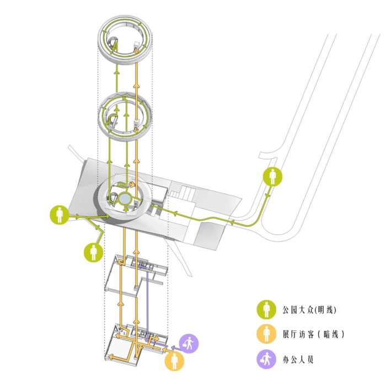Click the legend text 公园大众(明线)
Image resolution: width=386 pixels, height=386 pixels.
(x=309, y=310)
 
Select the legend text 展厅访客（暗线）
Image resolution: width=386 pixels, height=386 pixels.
(x=313, y=334)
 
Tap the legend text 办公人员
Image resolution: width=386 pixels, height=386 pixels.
(x=298, y=360)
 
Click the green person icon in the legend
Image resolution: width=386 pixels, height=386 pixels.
(x=266, y=310)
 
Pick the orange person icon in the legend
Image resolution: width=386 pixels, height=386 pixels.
(x=266, y=334)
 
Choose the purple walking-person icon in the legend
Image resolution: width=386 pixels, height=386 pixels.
(x=266, y=359)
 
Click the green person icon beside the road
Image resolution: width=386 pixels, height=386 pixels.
(x=272, y=176)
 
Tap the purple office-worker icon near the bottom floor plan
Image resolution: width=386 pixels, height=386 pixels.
(x=189, y=344)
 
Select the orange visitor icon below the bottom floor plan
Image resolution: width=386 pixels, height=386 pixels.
(x=174, y=361)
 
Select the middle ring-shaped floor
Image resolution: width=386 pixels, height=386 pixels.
(x=125, y=117)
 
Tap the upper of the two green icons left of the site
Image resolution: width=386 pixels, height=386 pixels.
(x=60, y=215)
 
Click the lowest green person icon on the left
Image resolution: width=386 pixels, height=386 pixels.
(x=93, y=253)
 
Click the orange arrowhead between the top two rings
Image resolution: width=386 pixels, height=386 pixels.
(x=136, y=85)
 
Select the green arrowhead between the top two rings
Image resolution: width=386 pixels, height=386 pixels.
(x=117, y=72)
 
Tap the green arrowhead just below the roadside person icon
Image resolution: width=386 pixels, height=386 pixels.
(x=267, y=196)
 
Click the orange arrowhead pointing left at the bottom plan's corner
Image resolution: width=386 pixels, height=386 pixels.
(x=111, y=357)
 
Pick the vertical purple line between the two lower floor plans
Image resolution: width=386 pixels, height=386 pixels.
(x=147, y=304)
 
